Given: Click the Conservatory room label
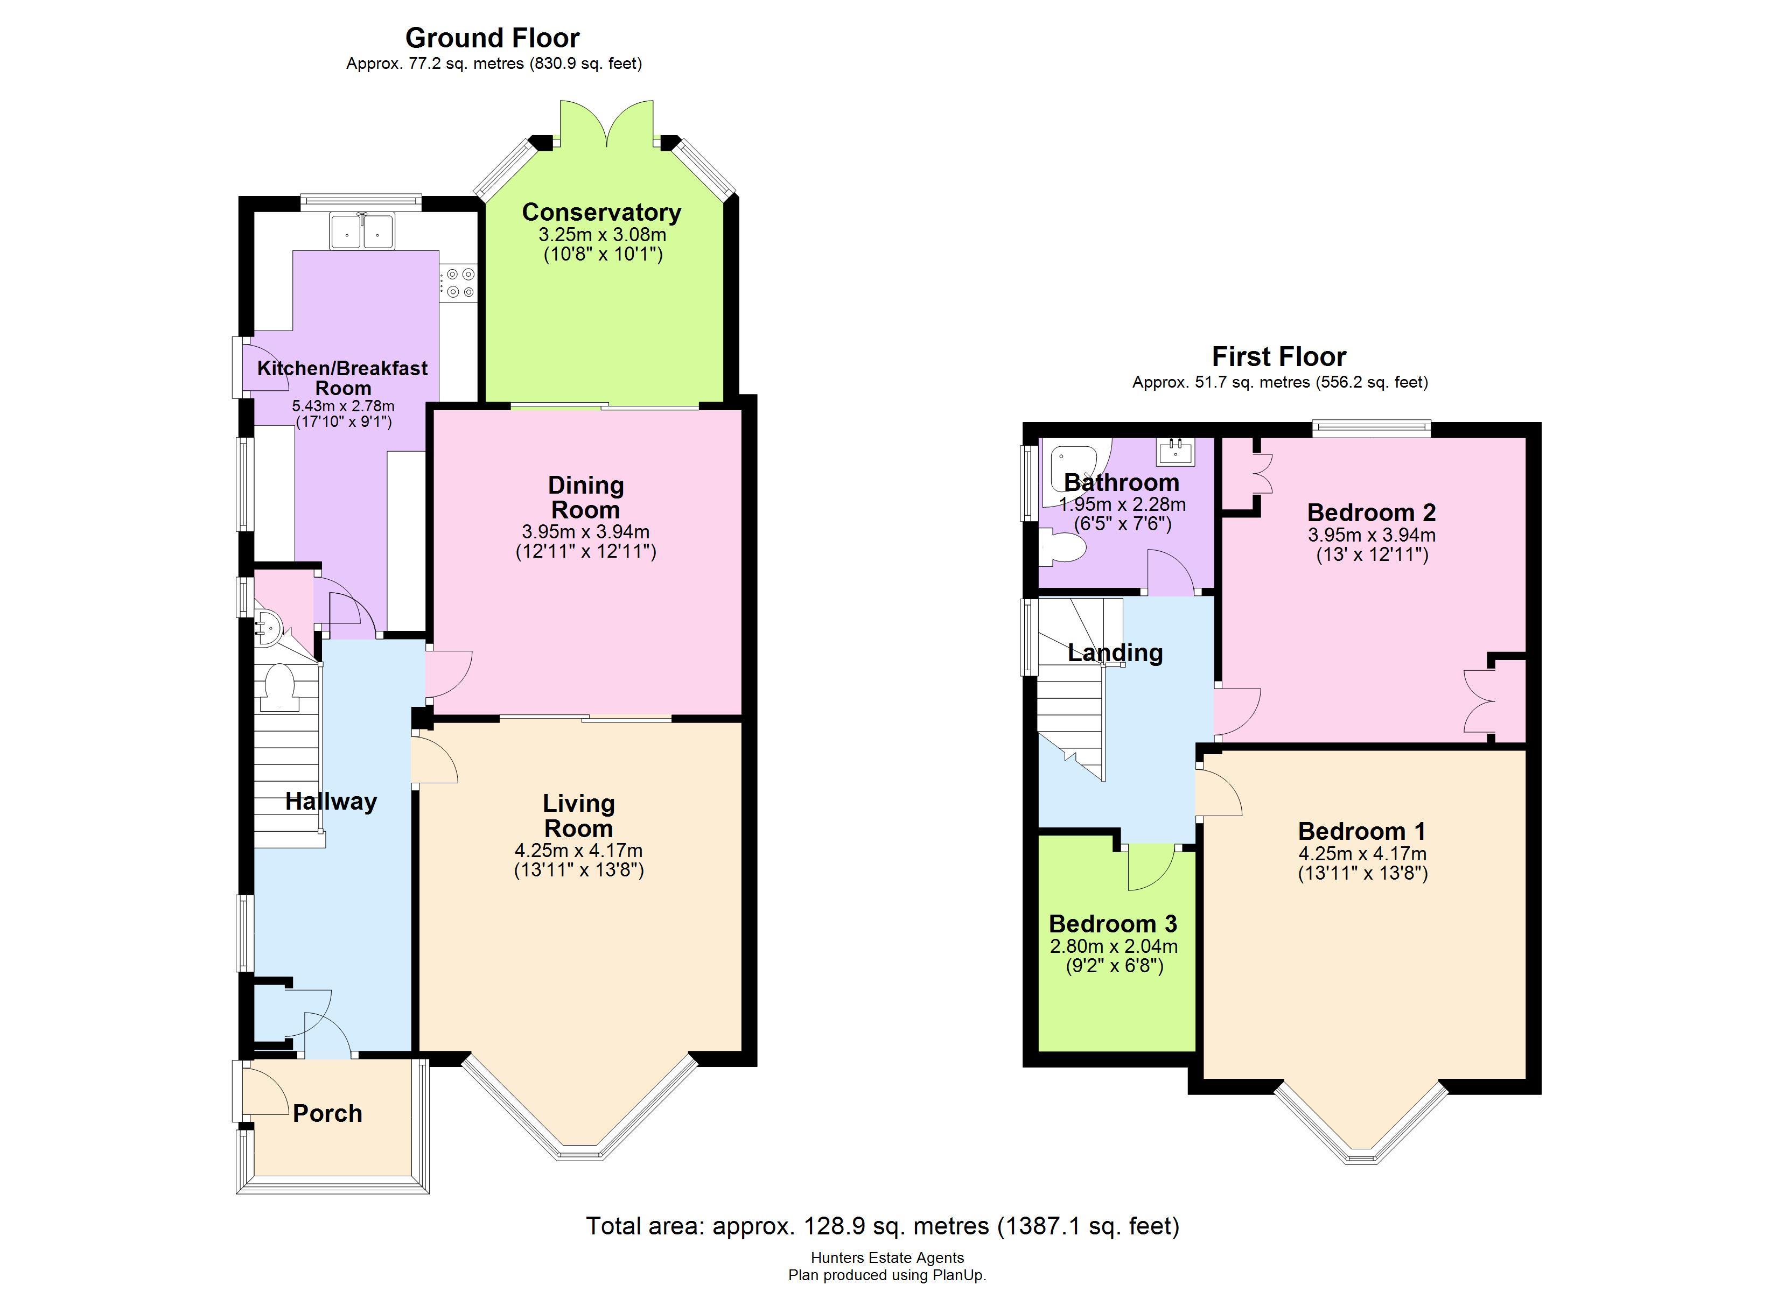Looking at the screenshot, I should (601, 212).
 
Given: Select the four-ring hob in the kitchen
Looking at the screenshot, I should (458, 283).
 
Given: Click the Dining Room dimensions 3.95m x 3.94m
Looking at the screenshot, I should (585, 532).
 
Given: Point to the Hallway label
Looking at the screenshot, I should (331, 801).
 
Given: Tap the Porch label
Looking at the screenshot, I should (327, 1113).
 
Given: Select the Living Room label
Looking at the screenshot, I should (578, 816).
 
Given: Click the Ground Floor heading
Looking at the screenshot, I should (492, 38).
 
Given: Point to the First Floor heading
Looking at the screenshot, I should (1279, 356).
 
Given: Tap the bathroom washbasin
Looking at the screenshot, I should (1176, 451).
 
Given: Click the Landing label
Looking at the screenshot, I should (1115, 652).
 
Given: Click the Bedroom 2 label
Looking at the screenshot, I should (1371, 512).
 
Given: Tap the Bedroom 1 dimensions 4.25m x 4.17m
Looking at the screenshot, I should (1362, 854).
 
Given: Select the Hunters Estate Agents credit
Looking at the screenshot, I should (887, 1258).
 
